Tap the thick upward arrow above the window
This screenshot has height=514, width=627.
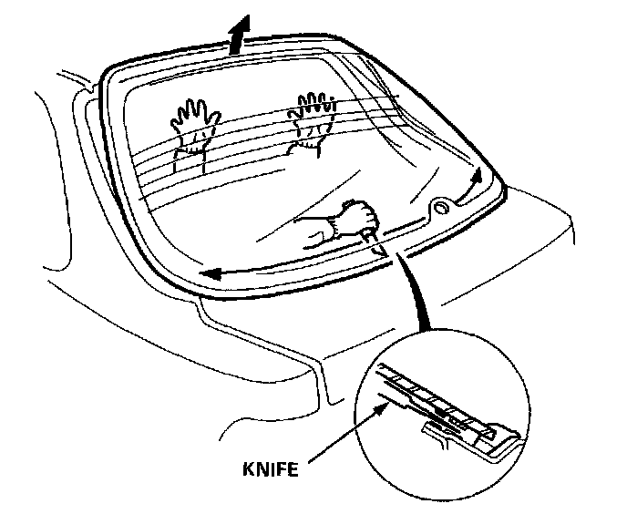[239, 37]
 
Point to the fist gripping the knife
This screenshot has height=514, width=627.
[358, 220]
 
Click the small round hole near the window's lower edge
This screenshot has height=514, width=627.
[441, 208]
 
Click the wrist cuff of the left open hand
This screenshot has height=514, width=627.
[194, 144]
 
